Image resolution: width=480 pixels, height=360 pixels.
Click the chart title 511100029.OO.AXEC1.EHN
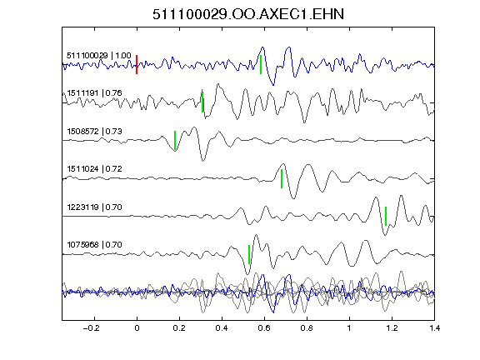pyautogui.click(x=248, y=14)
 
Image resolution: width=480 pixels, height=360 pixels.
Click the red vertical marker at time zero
pyautogui.click(x=137, y=65)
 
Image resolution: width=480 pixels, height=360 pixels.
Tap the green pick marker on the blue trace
pyautogui.click(x=261, y=65)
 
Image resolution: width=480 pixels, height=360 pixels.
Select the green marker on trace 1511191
pyautogui.click(x=202, y=102)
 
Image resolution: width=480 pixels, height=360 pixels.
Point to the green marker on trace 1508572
pyautogui.click(x=175, y=141)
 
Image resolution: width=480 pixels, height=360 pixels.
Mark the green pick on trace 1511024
pyautogui.click(x=282, y=178)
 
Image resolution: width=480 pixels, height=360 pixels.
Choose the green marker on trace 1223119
pyautogui.click(x=386, y=216)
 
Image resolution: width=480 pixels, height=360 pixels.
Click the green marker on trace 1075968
pyautogui.click(x=249, y=254)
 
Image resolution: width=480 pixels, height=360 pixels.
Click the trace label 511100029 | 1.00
pyautogui.click(x=99, y=56)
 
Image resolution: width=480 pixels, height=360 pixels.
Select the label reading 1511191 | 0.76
pyautogui.click(x=95, y=93)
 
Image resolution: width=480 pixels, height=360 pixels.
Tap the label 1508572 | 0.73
pyautogui.click(x=95, y=132)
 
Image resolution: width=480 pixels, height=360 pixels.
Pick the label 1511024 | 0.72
pyautogui.click(x=95, y=169)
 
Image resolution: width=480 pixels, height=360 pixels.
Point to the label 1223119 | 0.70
pyautogui.click(x=95, y=207)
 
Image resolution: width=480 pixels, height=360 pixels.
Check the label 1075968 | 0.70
pyautogui.click(x=95, y=245)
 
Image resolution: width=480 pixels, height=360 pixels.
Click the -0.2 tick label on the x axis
pyautogui.click(x=91, y=328)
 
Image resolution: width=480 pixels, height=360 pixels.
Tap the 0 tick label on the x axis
pyautogui.click(x=137, y=328)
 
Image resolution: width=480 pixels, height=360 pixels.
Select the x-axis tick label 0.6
pyautogui.click(x=264, y=328)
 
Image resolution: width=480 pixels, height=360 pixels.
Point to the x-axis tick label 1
pyautogui.click(x=349, y=328)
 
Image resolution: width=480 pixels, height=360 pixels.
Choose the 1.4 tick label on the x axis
pyautogui.click(x=434, y=328)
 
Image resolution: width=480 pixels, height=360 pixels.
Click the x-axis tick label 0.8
pyautogui.click(x=307, y=328)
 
